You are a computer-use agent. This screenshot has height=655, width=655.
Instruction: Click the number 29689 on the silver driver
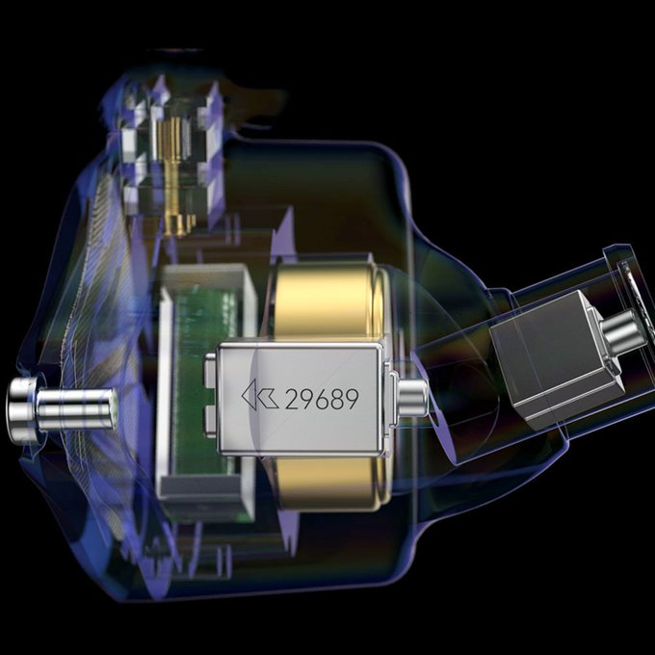pos(322,399)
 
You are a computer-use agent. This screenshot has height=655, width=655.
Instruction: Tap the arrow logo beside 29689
pos(260,394)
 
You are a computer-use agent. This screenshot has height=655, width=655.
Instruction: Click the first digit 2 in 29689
pos(292,400)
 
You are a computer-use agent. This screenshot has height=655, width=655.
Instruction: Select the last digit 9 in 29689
pos(352,399)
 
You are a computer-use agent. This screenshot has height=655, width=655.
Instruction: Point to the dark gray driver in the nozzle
pos(556,360)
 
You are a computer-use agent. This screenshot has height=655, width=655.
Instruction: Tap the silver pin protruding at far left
pos(62,408)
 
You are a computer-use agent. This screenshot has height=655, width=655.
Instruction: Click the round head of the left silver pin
pos(22,408)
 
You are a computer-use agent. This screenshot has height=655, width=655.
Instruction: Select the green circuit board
pos(203,376)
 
